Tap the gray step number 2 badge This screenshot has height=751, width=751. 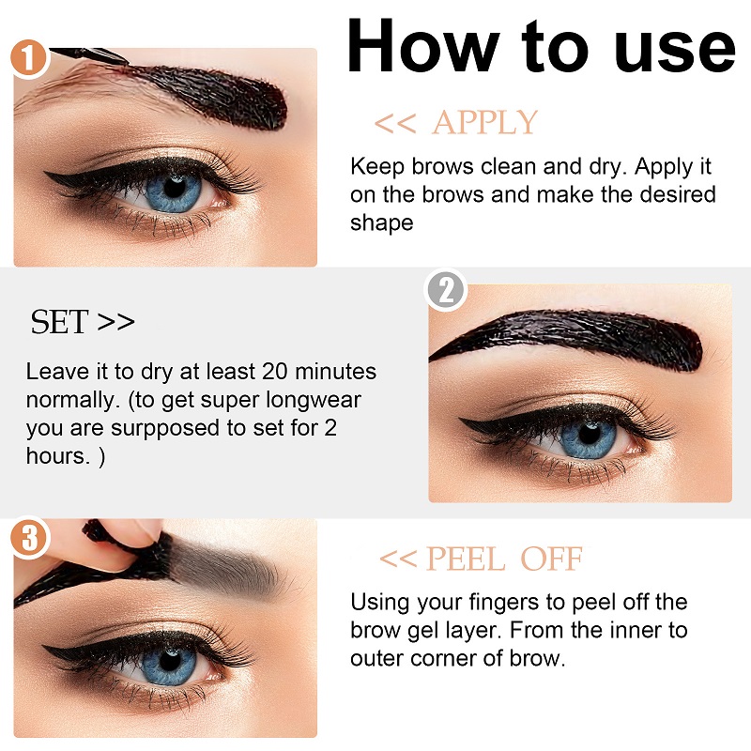tap(446, 290)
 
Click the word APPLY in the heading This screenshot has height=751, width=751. tap(485, 123)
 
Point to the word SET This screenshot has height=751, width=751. tap(59, 322)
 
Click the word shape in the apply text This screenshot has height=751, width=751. tap(381, 222)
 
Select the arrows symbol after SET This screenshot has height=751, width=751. tap(115, 322)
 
